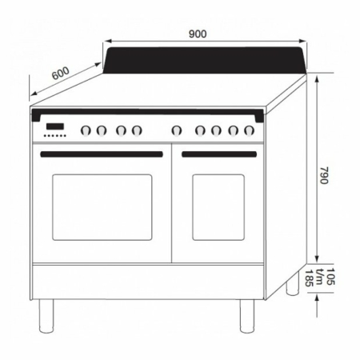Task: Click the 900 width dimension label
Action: click(198, 34)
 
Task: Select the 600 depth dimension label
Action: click(61, 73)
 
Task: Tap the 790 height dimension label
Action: click(324, 175)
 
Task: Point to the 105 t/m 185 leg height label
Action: click(319, 278)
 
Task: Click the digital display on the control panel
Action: click(55, 126)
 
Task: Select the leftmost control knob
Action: click(86, 130)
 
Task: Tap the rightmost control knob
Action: click(249, 130)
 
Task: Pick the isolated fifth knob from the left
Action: click(177, 130)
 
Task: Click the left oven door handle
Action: click(102, 154)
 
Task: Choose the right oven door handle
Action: click(219, 154)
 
